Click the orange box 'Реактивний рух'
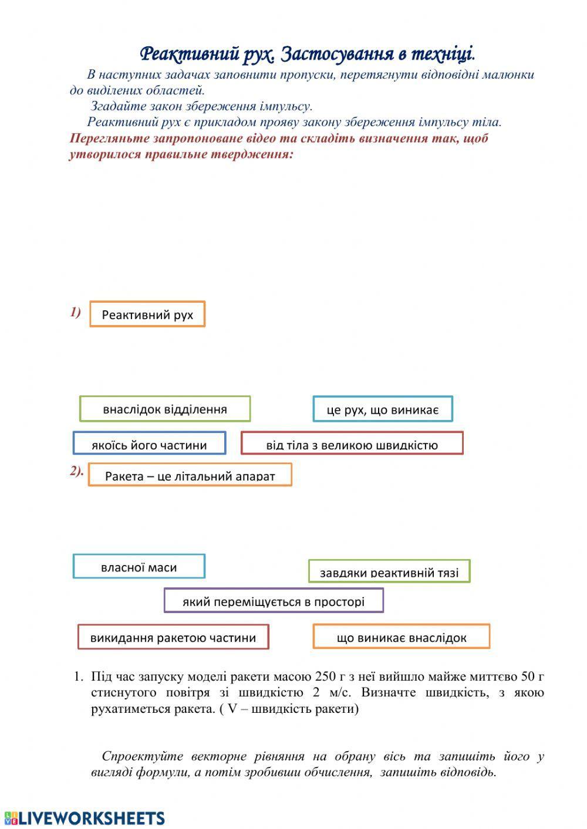(147, 314)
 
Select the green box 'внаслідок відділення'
(165, 409)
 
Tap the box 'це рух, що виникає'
(383, 409)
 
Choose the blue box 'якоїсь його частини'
(149, 444)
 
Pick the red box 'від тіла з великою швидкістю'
(352, 444)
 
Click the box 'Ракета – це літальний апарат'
(190, 475)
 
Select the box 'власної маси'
(139, 567)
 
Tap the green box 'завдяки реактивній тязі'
(389, 571)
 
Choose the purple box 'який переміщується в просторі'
(274, 601)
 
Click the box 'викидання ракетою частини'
(173, 637)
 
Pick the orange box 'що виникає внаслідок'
(402, 637)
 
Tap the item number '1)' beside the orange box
(75, 312)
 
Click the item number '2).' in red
(77, 471)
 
